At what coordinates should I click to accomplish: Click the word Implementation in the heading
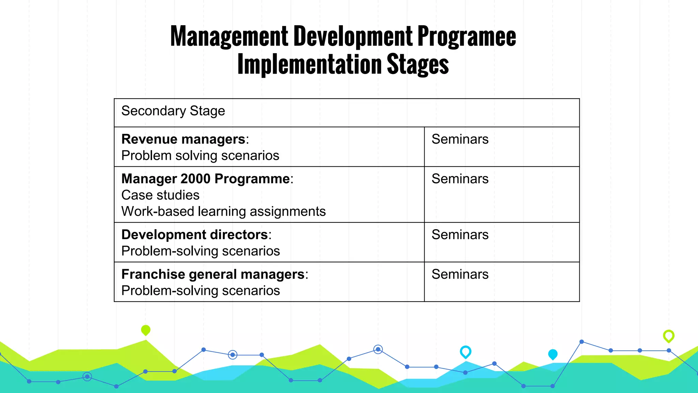(x=309, y=65)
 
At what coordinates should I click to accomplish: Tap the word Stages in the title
(x=418, y=65)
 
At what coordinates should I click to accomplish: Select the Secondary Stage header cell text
(x=173, y=111)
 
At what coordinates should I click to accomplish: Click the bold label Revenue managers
(x=183, y=139)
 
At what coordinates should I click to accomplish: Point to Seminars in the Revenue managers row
(x=460, y=139)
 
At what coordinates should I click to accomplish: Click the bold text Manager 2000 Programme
(x=206, y=179)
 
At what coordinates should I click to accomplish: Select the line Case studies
(x=160, y=195)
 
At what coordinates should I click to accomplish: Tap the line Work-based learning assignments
(x=223, y=212)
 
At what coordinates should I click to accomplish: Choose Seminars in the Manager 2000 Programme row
(x=460, y=179)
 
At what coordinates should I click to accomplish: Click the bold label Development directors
(x=195, y=235)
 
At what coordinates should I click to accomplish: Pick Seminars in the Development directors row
(x=460, y=235)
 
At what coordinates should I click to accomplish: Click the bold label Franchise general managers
(x=213, y=274)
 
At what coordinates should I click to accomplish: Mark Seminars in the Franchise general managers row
(x=460, y=274)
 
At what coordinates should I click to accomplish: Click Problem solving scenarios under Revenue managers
(x=200, y=156)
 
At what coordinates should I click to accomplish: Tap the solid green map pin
(x=146, y=330)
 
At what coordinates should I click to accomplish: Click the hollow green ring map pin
(x=668, y=336)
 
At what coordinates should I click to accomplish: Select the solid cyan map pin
(x=552, y=354)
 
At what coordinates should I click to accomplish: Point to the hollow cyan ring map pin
(x=465, y=351)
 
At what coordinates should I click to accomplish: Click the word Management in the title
(x=229, y=37)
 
